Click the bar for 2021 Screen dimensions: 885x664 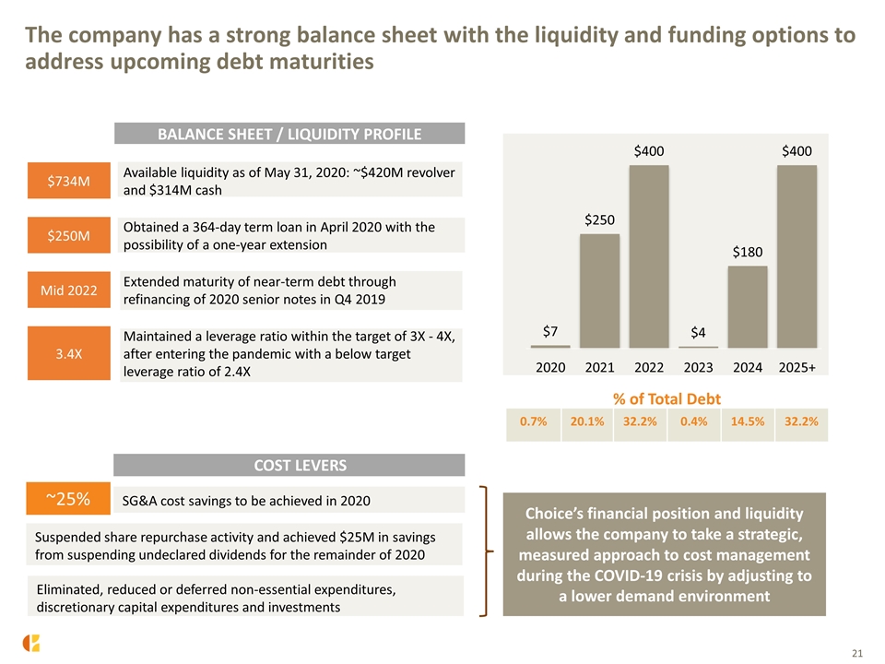[x=599, y=290]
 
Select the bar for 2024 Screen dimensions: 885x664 [x=748, y=306]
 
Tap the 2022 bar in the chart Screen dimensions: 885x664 [x=649, y=256]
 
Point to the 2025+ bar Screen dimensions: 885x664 [x=796, y=256]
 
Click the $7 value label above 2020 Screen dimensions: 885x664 [x=550, y=331]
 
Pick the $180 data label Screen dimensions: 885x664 [x=748, y=252]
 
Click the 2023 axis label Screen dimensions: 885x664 [x=698, y=368]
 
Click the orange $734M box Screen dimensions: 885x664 [x=69, y=181]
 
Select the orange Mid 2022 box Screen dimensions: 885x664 [x=69, y=290]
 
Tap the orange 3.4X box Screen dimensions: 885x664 [x=69, y=353]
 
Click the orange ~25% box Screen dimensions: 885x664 [x=68, y=499]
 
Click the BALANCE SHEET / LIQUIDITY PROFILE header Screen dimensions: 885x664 [x=289, y=134]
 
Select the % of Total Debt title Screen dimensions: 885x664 [x=667, y=399]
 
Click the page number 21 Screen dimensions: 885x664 [x=856, y=653]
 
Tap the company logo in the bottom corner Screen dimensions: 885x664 [x=31, y=643]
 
